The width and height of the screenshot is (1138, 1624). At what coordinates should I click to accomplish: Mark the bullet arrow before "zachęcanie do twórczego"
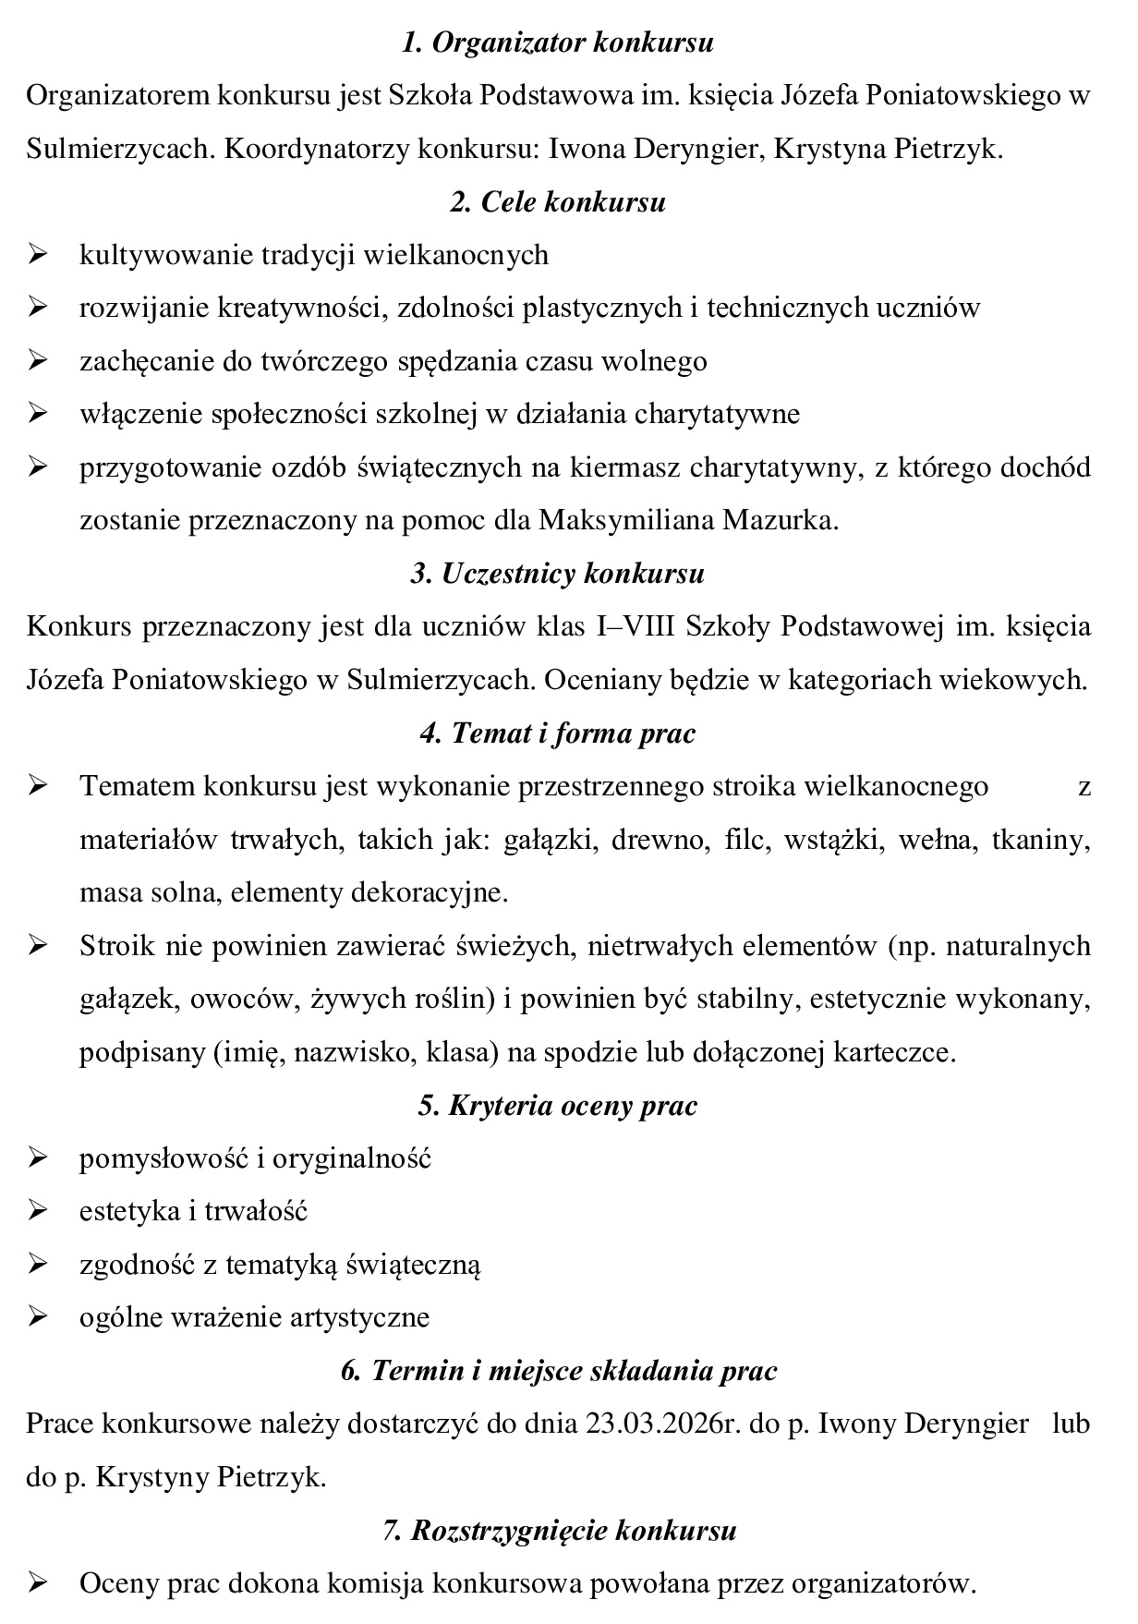click(38, 360)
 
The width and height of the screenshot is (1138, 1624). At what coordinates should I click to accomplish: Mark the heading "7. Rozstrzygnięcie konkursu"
click(559, 1531)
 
